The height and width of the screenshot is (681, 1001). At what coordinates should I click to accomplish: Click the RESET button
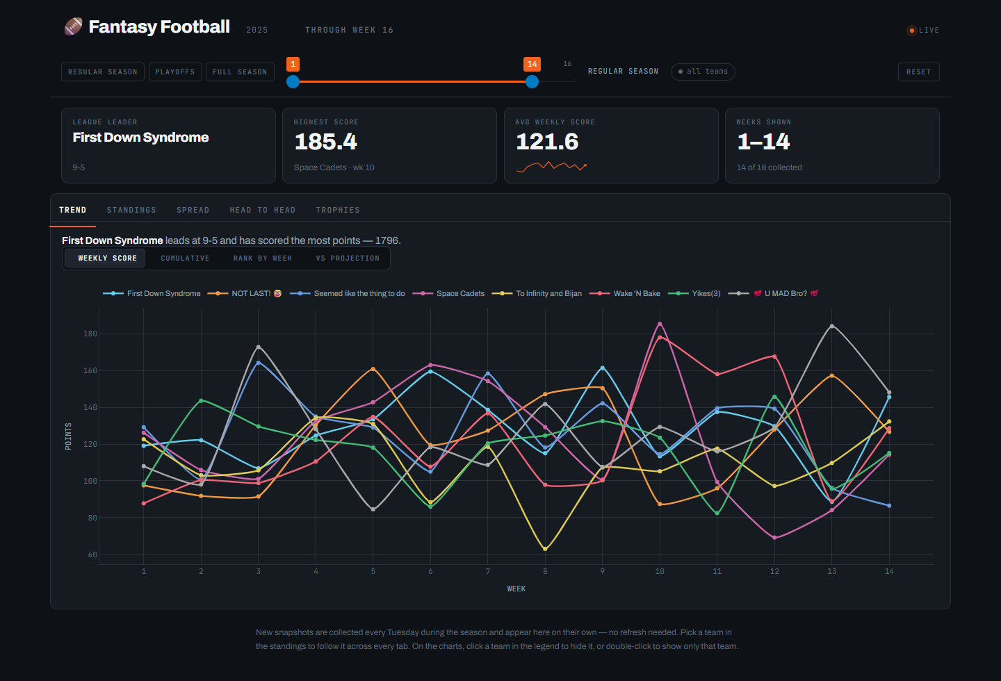tap(918, 72)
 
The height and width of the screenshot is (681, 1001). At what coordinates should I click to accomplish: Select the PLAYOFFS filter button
tap(175, 72)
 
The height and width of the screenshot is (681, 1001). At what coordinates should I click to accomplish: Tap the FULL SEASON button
tap(240, 72)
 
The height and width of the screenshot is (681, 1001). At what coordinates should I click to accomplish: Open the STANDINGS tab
tap(131, 210)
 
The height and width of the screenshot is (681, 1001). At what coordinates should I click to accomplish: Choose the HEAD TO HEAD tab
tap(263, 210)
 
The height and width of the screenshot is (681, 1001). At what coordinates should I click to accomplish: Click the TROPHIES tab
tap(338, 210)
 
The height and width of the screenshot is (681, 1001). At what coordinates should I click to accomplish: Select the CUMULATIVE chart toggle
tap(185, 259)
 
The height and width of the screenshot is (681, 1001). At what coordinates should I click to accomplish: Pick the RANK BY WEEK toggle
tap(263, 259)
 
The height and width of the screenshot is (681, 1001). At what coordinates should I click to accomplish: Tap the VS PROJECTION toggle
tap(348, 259)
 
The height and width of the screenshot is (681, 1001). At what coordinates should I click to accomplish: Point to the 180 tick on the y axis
tap(90, 334)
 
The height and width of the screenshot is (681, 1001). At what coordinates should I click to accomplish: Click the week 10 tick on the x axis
tap(660, 571)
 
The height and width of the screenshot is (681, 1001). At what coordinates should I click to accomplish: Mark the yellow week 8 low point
tap(545, 549)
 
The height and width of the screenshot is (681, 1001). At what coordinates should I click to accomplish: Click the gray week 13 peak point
tap(831, 326)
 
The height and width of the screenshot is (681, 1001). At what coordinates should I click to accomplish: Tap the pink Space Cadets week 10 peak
tap(660, 324)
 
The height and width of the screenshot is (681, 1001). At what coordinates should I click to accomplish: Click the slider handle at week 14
tap(532, 82)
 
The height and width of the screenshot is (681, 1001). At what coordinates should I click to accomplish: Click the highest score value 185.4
tap(326, 142)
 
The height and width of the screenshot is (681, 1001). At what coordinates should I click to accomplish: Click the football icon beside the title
tap(73, 26)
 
